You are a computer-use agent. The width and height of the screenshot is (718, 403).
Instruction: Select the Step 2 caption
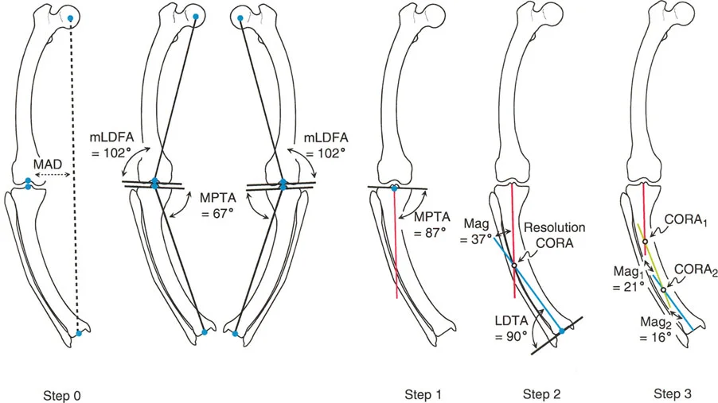pyautogui.click(x=541, y=393)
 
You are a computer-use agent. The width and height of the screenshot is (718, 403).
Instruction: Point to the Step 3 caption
pyautogui.click(x=673, y=393)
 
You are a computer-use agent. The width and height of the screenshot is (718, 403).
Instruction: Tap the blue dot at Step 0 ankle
pyautogui.click(x=79, y=333)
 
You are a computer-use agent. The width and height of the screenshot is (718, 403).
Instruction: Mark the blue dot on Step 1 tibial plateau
pyautogui.click(x=395, y=188)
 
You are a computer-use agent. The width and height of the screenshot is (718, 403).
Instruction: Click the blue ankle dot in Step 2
pyautogui.click(x=562, y=330)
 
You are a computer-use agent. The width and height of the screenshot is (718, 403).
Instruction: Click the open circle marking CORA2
pyautogui.click(x=663, y=289)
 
